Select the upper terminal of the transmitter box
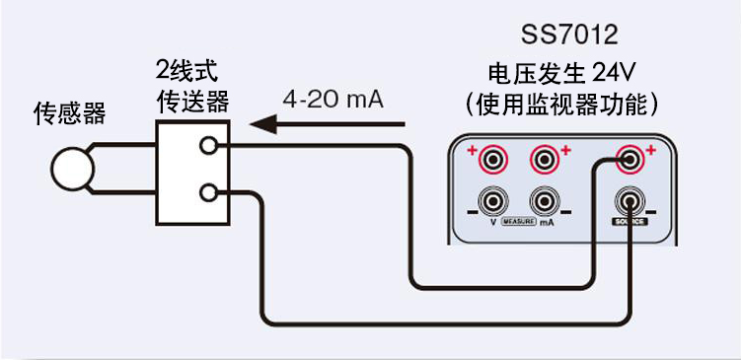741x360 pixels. pos(207,146)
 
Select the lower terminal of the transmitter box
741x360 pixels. pos(207,192)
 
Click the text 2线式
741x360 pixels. pos(188,71)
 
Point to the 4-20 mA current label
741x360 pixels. pos(333,100)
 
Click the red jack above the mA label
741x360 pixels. pos(545,158)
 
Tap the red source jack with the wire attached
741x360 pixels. pos(629,158)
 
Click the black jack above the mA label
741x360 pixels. pos(545,202)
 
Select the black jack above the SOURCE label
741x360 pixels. pos(629,202)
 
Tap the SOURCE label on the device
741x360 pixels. pos(629,224)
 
